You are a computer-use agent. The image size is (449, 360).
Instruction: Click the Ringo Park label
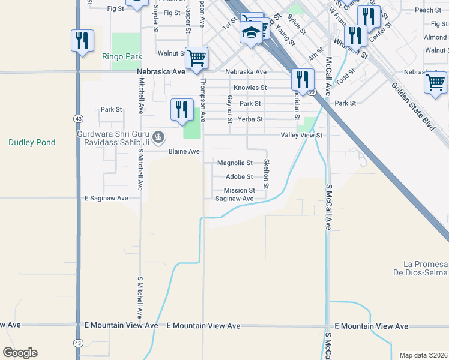tap(122, 56)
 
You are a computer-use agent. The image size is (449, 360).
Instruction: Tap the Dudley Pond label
tap(32, 142)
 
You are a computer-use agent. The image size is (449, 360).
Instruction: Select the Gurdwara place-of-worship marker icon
tap(158, 138)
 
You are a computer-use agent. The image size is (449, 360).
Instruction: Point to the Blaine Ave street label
tap(184, 151)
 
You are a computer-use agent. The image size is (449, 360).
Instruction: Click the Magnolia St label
tap(235, 163)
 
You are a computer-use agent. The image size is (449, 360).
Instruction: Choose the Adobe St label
tap(239, 176)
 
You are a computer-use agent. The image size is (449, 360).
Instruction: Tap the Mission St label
tap(240, 190)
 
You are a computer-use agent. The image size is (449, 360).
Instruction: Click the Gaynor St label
tap(230, 109)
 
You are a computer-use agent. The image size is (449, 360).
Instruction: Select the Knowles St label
tap(250, 88)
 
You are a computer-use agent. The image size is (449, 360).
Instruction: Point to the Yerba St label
tap(251, 119)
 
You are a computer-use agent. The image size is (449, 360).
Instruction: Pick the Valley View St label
tap(302, 136)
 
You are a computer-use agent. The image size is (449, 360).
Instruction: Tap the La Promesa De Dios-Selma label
tap(426, 269)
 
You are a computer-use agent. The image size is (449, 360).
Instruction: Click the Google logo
tap(20, 353)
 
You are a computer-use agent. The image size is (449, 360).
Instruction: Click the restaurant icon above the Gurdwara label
tap(181, 109)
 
